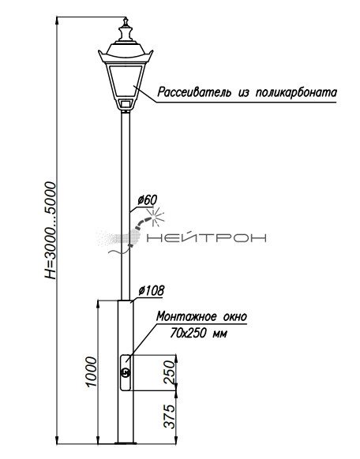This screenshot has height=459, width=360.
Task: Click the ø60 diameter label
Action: coord(148,200)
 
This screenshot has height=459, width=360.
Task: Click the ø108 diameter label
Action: coord(152,291)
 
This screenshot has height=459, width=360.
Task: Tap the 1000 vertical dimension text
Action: coord(92,371)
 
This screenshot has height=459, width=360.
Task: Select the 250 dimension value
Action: coord(170,372)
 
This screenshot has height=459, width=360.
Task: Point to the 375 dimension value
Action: coord(170,416)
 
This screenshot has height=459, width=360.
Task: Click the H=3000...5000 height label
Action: coord(50,230)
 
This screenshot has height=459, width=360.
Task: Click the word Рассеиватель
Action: coord(193,92)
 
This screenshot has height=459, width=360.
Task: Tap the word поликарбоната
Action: coord(296,92)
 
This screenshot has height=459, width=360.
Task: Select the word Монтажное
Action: coord(186,316)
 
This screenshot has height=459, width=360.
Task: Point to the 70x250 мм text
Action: coord(198,333)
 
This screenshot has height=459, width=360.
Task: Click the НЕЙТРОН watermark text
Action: coord(206,238)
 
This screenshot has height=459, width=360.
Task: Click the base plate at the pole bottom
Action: coord(126,443)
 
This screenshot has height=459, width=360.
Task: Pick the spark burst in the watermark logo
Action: coord(155,217)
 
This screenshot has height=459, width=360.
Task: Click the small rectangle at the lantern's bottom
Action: coord(126,103)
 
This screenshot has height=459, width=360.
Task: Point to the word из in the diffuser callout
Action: coord(243,93)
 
